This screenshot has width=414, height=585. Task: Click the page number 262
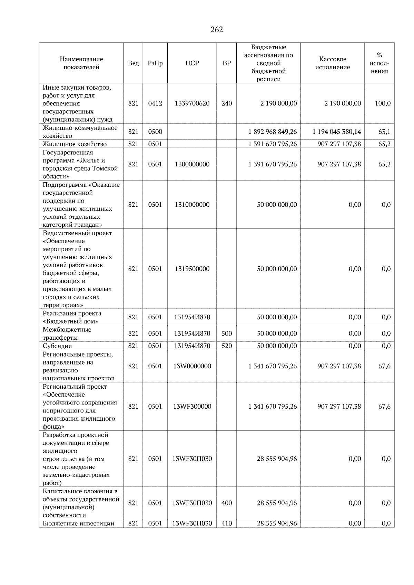(217, 30)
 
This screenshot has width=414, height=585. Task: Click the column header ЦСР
(192, 63)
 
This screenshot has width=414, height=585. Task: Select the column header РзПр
(155, 63)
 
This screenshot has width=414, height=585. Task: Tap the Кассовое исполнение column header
(332, 63)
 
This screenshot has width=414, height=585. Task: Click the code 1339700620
(192, 103)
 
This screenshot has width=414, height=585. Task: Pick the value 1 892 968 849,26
(272, 132)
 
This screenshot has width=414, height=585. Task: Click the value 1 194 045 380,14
(337, 132)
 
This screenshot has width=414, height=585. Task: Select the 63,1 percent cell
(384, 132)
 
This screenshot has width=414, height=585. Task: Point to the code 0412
(155, 103)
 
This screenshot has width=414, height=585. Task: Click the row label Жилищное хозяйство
(75, 144)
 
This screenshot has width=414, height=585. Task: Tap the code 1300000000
(192, 164)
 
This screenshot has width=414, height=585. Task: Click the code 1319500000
(192, 269)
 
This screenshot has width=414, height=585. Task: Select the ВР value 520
(227, 346)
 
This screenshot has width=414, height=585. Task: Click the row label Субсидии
(57, 346)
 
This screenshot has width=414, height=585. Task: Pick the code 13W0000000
(192, 366)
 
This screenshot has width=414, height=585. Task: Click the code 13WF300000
(192, 407)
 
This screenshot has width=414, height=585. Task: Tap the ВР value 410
(227, 524)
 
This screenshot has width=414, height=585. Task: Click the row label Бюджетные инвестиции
(78, 524)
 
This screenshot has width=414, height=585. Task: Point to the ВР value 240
(227, 103)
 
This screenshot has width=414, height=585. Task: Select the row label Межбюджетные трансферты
(67, 333)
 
